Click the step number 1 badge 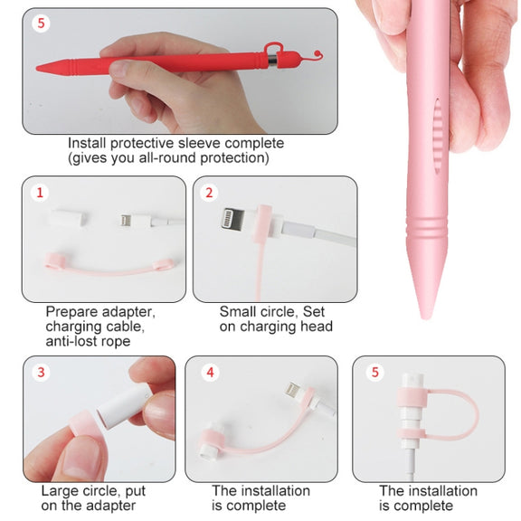pyautogui.click(x=40, y=193)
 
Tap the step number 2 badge pyautogui.click(x=209, y=193)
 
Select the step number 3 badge pyautogui.click(x=41, y=372)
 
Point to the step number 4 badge pyautogui.click(x=211, y=372)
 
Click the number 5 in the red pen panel pyautogui.click(x=42, y=24)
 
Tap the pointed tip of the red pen pyautogui.click(x=37, y=69)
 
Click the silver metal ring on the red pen pyautogui.click(x=272, y=62)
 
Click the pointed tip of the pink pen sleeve pyautogui.click(x=424, y=317)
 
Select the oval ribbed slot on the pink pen pyautogui.click(x=438, y=136)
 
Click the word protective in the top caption pyautogui.click(x=143, y=144)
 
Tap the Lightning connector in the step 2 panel pyautogui.click(x=233, y=219)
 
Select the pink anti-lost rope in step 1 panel pyautogui.click(x=109, y=265)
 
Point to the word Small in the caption pyautogui.click(x=238, y=312)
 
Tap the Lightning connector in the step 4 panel pyautogui.click(x=294, y=391)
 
